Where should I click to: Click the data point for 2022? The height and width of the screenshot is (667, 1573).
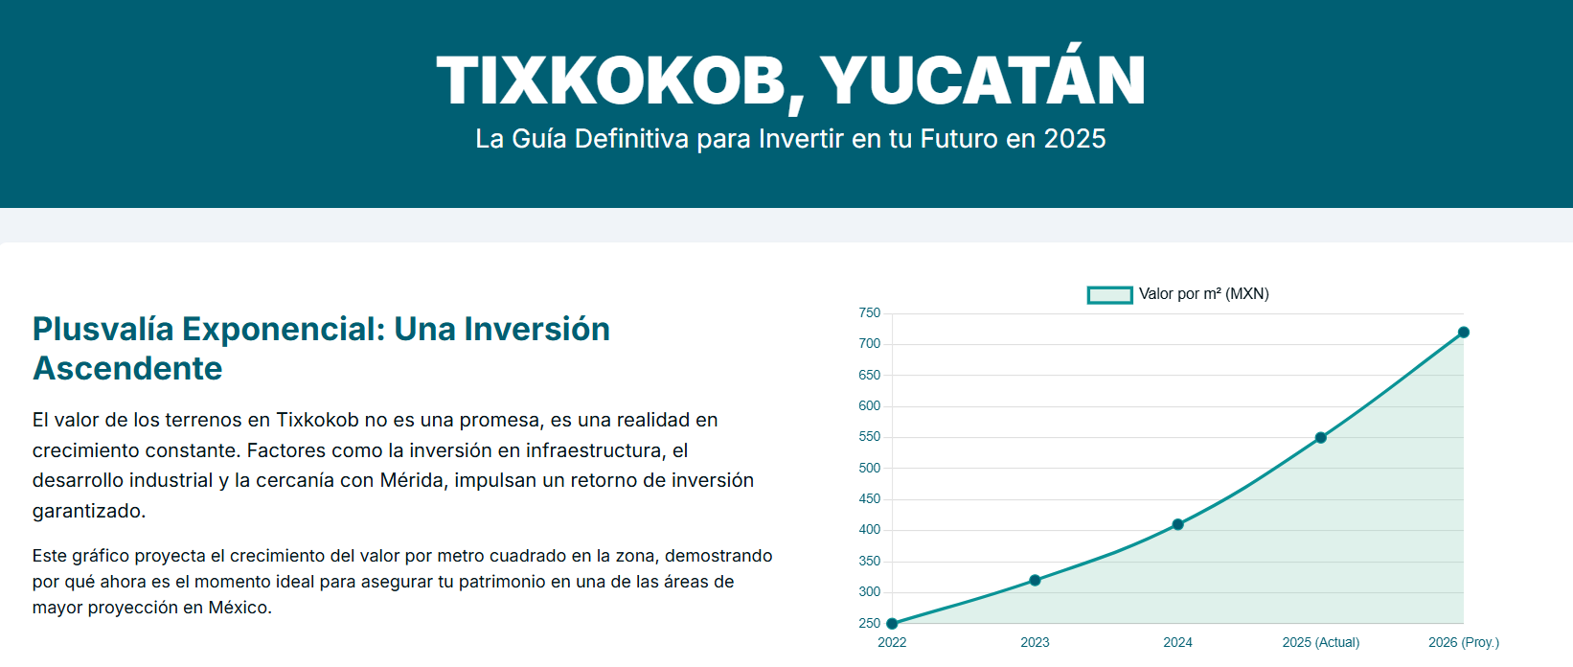(x=892, y=624)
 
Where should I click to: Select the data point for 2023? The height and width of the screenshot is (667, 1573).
(x=1035, y=581)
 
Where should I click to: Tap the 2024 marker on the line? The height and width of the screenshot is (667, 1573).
(x=1177, y=524)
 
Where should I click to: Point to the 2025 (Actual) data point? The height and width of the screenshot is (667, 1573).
(x=1320, y=438)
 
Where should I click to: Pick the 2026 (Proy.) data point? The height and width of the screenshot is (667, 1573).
(x=1464, y=333)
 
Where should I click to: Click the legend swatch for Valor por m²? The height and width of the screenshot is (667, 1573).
(x=1109, y=295)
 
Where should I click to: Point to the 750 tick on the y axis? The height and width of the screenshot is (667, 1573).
(x=869, y=312)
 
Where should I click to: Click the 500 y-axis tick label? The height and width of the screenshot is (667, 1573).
(x=869, y=468)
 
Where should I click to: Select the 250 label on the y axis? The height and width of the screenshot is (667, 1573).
(x=869, y=624)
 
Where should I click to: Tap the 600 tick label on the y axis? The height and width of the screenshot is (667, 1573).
(x=869, y=406)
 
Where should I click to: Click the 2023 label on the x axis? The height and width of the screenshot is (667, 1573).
(x=1035, y=642)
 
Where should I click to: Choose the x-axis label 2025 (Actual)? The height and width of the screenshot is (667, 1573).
(x=1320, y=642)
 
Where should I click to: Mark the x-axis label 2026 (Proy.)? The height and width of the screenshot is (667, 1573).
(x=1464, y=642)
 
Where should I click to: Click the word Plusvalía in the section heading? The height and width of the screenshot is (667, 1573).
(x=103, y=329)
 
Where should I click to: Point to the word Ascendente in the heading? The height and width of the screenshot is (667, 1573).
(x=127, y=368)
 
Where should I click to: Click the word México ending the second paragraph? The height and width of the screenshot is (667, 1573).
(x=239, y=608)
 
